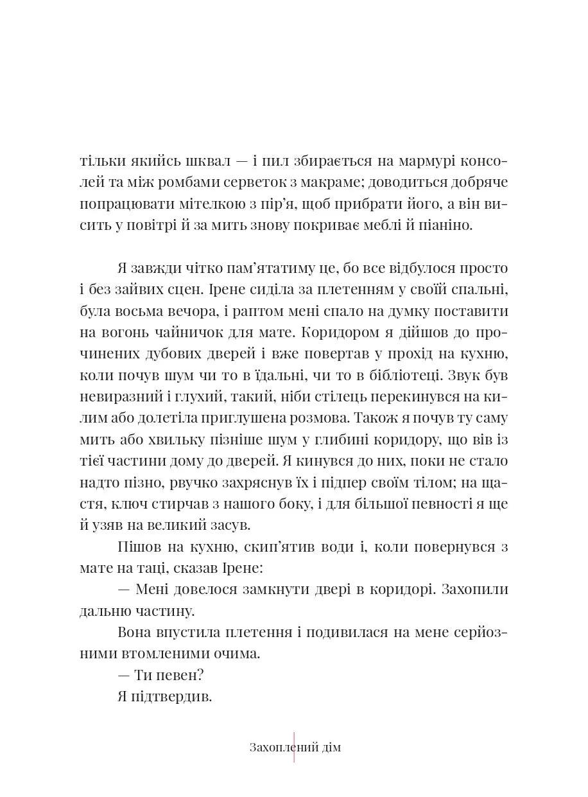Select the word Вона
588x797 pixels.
[x=135, y=633]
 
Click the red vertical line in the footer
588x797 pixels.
[x=294, y=748]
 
